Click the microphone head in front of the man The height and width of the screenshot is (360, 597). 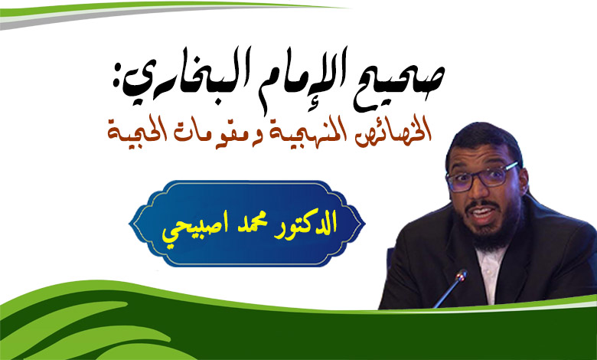pyautogui.click(x=462, y=275)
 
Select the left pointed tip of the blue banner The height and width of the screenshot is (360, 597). pyautogui.click(x=130, y=224)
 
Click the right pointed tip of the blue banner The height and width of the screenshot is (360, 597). pyautogui.click(x=364, y=224)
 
